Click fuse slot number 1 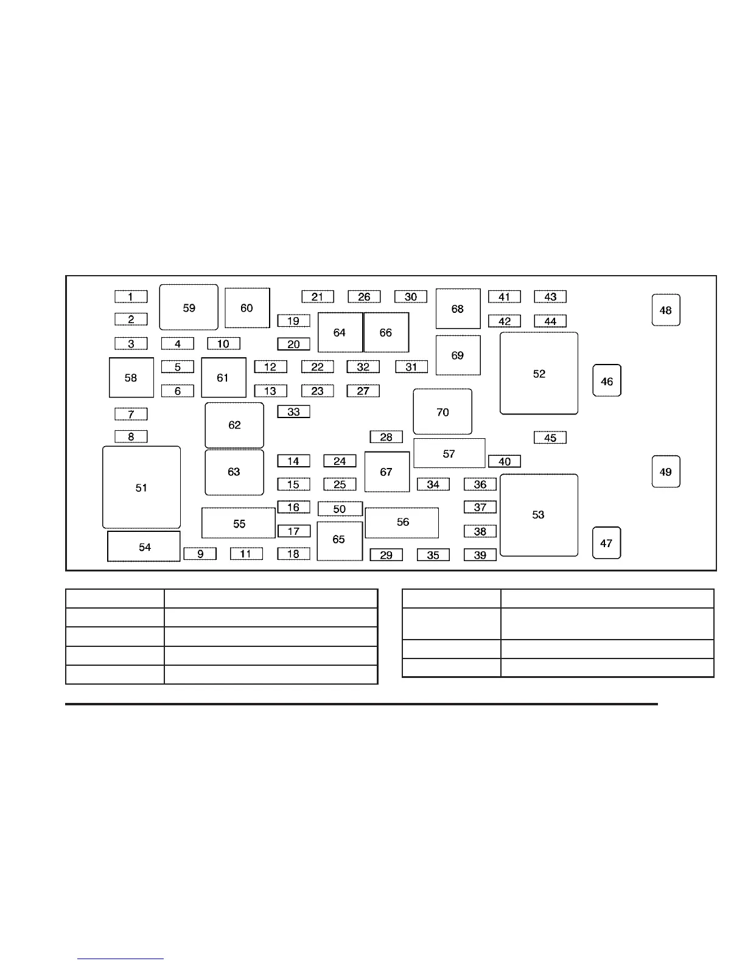(x=131, y=297)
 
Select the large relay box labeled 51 (x=141, y=487)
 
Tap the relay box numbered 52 (x=539, y=374)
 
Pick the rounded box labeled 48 (x=665, y=310)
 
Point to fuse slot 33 (x=293, y=412)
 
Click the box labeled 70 (x=442, y=412)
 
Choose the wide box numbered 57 (x=449, y=453)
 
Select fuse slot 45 (x=550, y=438)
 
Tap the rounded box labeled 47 (x=606, y=543)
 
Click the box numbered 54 (x=144, y=547)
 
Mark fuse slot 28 (x=386, y=437)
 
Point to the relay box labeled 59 (x=189, y=307)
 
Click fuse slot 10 (x=223, y=344)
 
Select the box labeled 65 (x=339, y=540)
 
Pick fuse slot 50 (x=340, y=509)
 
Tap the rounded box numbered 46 (x=607, y=381)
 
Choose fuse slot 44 (x=550, y=321)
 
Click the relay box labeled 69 (x=458, y=355)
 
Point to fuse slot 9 (x=200, y=554)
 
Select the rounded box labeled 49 (x=665, y=472)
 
